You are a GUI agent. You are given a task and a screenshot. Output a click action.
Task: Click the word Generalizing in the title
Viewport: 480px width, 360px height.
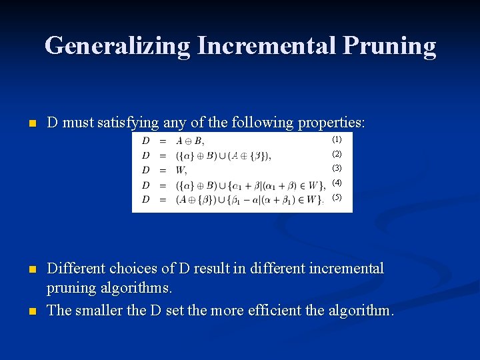tap(117, 45)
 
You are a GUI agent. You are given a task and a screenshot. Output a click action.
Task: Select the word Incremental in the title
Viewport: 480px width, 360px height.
tap(267, 45)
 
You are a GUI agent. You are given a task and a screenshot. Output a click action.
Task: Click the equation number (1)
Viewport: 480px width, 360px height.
tap(337, 140)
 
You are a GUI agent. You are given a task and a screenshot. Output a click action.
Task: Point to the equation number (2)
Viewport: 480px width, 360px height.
tap(337, 154)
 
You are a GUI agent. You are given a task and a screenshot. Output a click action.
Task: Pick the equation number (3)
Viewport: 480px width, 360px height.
tap(337, 168)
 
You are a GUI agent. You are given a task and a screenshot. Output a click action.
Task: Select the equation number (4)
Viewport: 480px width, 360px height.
tap(337, 183)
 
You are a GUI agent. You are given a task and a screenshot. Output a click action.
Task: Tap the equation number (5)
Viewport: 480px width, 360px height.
tap(337, 197)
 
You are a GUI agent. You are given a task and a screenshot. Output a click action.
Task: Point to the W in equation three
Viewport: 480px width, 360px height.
tap(180, 169)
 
